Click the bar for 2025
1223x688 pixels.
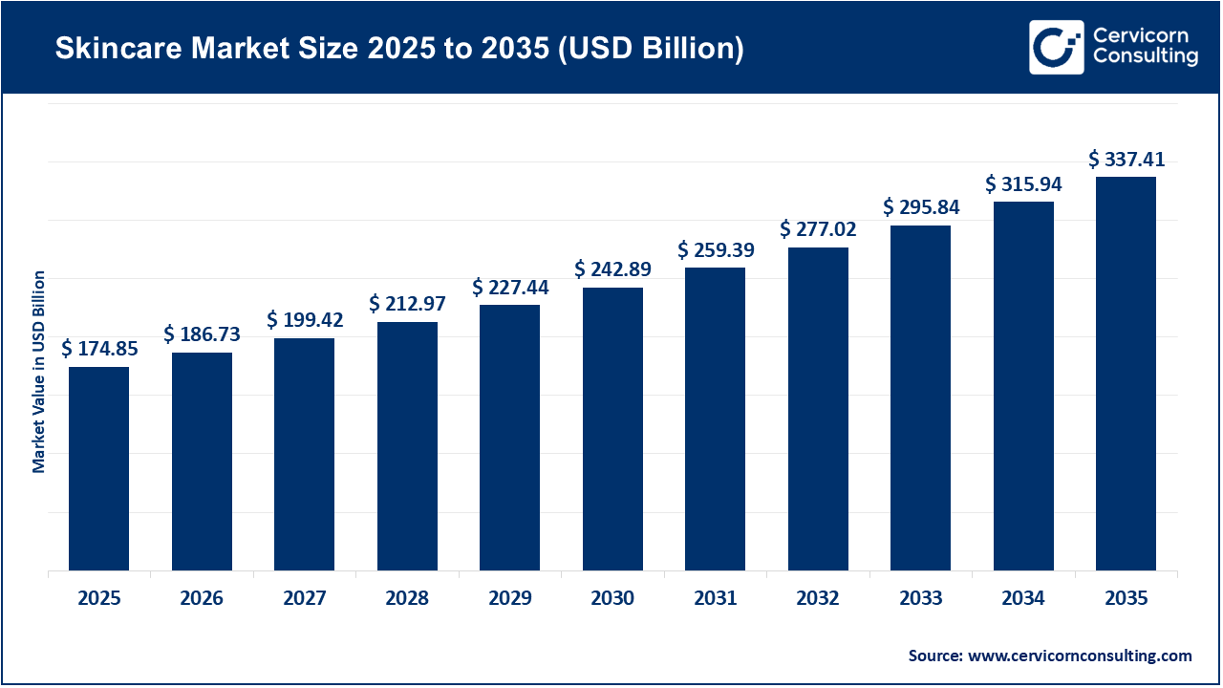pyautogui.click(x=99, y=468)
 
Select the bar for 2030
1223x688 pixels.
pyautogui.click(x=612, y=429)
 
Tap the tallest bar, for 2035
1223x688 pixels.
pyautogui.click(x=1126, y=374)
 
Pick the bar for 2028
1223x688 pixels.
pyautogui.click(x=407, y=446)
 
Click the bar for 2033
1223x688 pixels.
pyautogui.click(x=920, y=398)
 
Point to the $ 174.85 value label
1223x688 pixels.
pyautogui.click(x=99, y=350)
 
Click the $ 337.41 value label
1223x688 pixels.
pyautogui.click(x=1126, y=160)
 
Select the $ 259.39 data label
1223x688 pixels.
pyautogui.click(x=716, y=250)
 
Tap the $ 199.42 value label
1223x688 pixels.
pyautogui.click(x=305, y=319)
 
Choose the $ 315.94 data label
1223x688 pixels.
pyautogui.click(x=1023, y=183)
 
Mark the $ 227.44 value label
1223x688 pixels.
pyautogui.click(x=510, y=288)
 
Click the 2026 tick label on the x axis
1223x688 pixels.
pyautogui.click(x=202, y=599)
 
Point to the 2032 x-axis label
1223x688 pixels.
pyautogui.click(x=818, y=599)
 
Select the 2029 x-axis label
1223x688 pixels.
pyautogui.click(x=510, y=599)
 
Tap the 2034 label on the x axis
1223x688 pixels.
pyautogui.click(x=1023, y=599)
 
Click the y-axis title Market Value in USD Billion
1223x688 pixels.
pyautogui.click(x=39, y=372)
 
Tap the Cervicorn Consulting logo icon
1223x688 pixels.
pyautogui.click(x=1056, y=47)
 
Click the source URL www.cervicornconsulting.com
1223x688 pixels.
pyautogui.click(x=1080, y=656)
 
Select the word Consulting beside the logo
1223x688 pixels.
pyautogui.click(x=1145, y=57)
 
